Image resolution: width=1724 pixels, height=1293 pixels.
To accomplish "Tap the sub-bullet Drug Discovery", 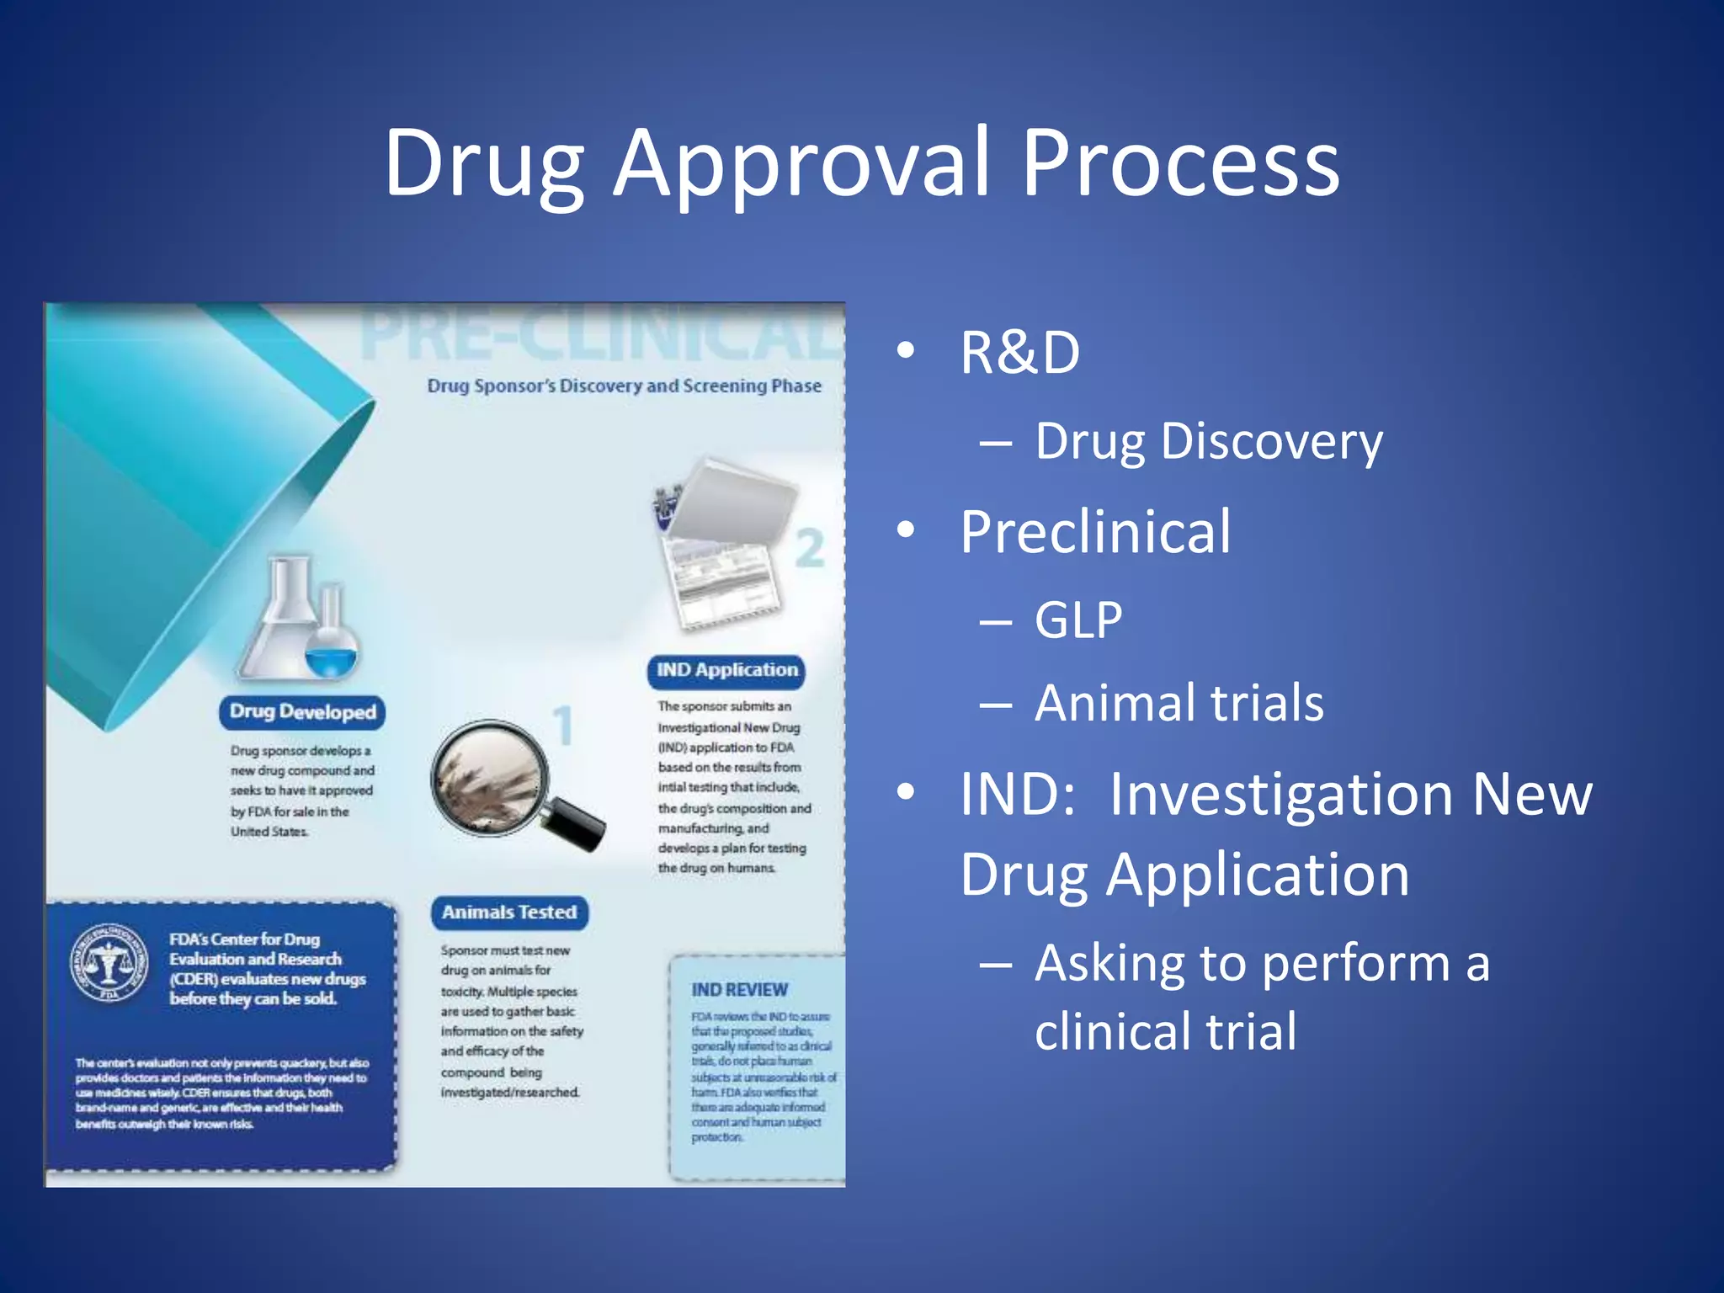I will pos(1208,441).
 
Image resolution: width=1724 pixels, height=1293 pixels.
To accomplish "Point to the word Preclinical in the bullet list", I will pos(1094,532).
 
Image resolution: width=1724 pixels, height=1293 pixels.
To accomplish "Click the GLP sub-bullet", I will pos(1078,620).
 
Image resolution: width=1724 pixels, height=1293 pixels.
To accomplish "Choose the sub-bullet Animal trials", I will pos(1179,703).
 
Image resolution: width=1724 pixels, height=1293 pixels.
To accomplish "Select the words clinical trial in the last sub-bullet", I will pos(1166,1032).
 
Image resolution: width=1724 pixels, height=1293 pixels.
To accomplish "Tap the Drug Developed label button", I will pos(302,712).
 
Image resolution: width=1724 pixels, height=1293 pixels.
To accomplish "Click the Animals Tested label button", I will pos(509,913).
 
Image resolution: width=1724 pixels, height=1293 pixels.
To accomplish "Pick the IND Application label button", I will pos(726,671).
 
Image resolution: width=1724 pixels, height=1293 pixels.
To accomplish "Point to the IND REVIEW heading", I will pos(739,990).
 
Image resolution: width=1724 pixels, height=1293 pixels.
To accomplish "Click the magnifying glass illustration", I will pos(505,783).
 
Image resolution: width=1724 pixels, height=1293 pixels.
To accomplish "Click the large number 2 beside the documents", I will pos(810,549).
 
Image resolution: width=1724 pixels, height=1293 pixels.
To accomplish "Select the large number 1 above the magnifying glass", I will pos(563,725).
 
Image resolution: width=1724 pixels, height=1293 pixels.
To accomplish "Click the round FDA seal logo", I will pos(109,963).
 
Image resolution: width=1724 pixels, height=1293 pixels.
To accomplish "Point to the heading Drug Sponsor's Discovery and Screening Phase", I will pos(624,386).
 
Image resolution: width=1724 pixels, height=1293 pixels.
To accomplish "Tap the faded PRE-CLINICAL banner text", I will pos(602,335).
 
